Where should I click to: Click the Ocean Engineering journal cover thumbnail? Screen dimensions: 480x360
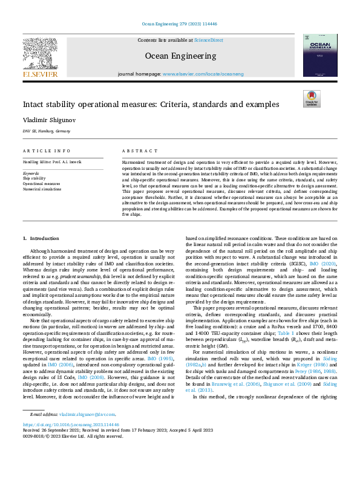click(x=321, y=57)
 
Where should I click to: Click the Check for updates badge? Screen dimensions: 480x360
click(x=310, y=99)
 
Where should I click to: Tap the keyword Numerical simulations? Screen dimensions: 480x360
click(x=42, y=189)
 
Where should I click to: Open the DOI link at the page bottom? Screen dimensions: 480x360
click(x=70, y=459)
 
